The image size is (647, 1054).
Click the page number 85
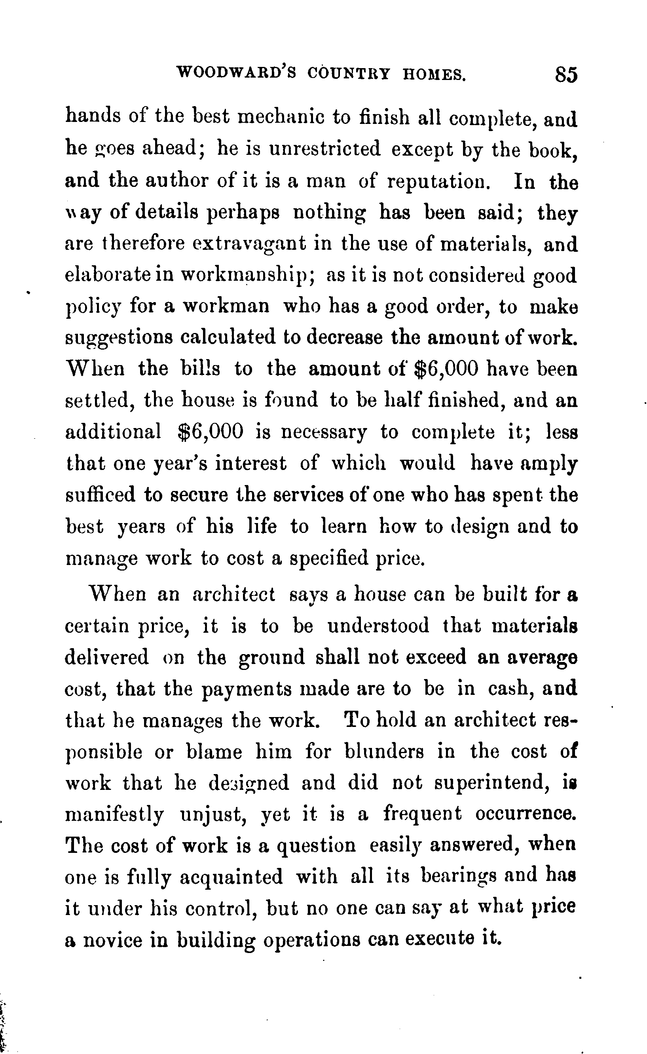(566, 75)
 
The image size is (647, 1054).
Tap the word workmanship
(248, 275)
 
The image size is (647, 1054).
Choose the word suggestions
(119, 338)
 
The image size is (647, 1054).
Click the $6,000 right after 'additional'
(210, 432)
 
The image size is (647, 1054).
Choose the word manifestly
(114, 814)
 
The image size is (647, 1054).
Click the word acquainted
(231, 877)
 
